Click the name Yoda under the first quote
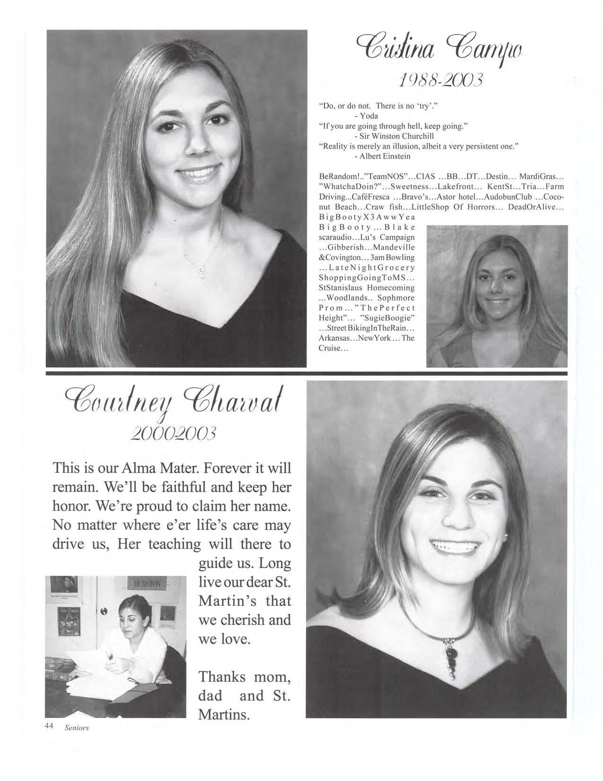point(369,115)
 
